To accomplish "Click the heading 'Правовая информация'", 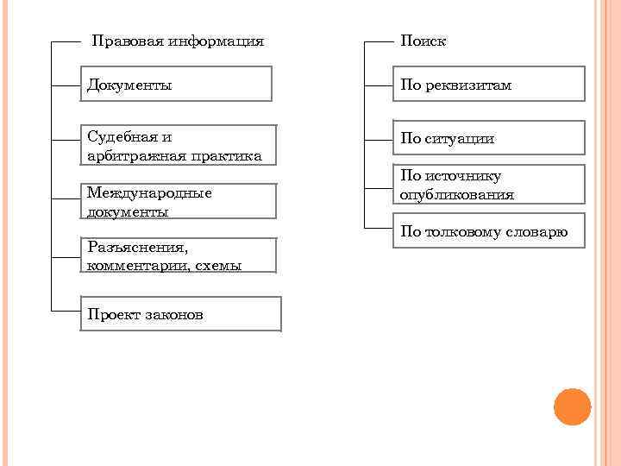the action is click(x=178, y=41).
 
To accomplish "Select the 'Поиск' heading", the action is click(x=423, y=41).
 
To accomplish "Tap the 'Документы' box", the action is click(x=176, y=85).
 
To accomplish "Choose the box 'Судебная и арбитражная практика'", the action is click(x=179, y=146).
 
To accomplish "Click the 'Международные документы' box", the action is click(x=179, y=201).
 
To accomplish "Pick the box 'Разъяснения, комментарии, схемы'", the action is click(x=179, y=256).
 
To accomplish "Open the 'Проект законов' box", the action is click(x=181, y=314).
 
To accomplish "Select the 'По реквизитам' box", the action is click(x=489, y=85).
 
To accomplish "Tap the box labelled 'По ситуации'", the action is click(x=489, y=138).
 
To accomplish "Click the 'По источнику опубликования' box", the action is click(x=489, y=185).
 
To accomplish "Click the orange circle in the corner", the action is click(x=572, y=406).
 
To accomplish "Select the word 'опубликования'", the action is click(x=457, y=195).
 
